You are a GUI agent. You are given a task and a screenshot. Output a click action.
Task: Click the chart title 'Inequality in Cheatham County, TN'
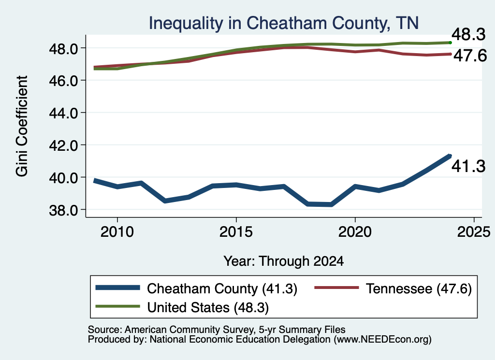[283, 23]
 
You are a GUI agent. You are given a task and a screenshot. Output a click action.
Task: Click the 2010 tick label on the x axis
[117, 232]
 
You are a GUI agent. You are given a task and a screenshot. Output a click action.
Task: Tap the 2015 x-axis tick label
[236, 232]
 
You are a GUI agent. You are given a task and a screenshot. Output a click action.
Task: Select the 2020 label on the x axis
[355, 232]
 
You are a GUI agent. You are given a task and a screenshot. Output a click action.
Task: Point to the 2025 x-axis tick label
[474, 232]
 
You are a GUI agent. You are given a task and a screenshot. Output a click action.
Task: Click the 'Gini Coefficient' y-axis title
[22, 126]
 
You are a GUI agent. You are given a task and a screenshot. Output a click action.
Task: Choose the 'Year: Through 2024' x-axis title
[283, 261]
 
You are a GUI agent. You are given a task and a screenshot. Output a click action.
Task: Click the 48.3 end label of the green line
[468, 34]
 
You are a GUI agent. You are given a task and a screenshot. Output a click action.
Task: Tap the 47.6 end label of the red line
[470, 56]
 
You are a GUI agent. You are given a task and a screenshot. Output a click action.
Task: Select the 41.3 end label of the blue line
[468, 166]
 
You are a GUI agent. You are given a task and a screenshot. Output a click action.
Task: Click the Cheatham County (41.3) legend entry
[196, 288]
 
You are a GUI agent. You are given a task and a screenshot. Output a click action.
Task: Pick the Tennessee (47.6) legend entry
[393, 288]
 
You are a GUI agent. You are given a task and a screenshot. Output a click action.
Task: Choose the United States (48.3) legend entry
[182, 307]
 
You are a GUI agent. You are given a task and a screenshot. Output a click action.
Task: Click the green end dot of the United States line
[450, 43]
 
